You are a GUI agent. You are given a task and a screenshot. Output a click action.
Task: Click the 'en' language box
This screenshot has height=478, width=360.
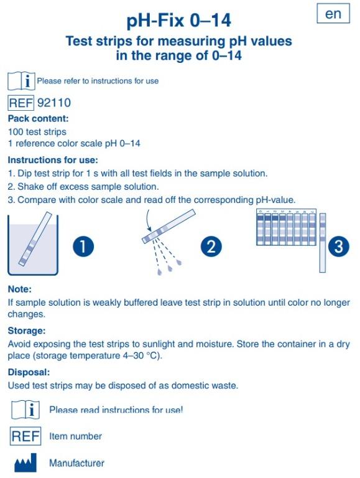pos(333,14)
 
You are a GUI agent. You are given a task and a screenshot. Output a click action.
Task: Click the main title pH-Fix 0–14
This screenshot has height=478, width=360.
pos(179,21)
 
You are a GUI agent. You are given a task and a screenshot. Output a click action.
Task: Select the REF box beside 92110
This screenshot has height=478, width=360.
pos(21,103)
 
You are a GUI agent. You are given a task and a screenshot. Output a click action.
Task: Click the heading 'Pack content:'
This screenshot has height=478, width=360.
pos(38,118)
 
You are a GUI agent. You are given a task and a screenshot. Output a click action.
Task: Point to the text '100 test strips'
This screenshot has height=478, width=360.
pos(37,132)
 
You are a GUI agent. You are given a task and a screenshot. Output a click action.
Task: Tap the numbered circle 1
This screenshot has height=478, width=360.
pos(83,247)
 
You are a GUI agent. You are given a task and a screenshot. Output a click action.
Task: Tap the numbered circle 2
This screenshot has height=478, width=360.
pos(211,247)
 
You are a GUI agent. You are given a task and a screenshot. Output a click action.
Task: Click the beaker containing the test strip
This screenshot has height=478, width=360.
pos(32,244)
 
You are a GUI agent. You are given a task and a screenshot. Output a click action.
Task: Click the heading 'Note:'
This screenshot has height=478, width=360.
pos(19,289)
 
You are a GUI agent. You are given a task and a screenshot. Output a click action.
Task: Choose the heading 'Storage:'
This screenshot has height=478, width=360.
pos(27,330)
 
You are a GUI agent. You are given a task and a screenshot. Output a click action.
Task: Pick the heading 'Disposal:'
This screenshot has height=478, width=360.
pos(29,372)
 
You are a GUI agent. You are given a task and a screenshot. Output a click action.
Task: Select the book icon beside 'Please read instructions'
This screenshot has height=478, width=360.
pos(24,410)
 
